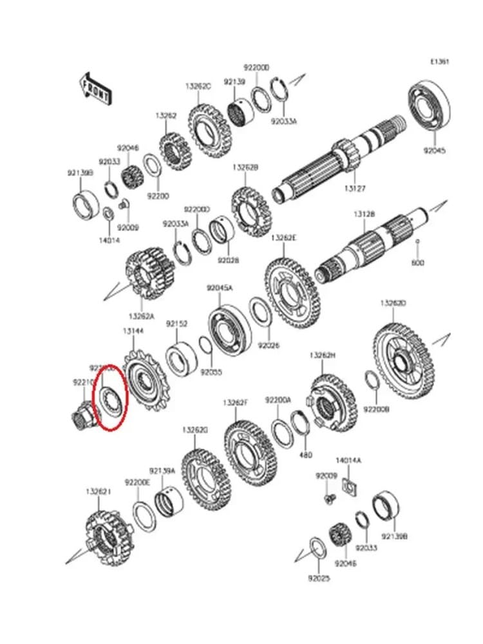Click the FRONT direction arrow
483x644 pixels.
click(x=95, y=88)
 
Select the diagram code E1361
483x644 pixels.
click(x=440, y=62)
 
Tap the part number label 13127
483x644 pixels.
click(x=355, y=189)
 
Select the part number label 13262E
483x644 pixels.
click(x=283, y=238)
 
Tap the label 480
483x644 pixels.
click(x=306, y=455)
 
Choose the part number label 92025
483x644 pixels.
click(x=318, y=578)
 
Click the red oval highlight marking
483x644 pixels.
click(x=110, y=396)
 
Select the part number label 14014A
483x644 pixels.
click(x=348, y=460)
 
